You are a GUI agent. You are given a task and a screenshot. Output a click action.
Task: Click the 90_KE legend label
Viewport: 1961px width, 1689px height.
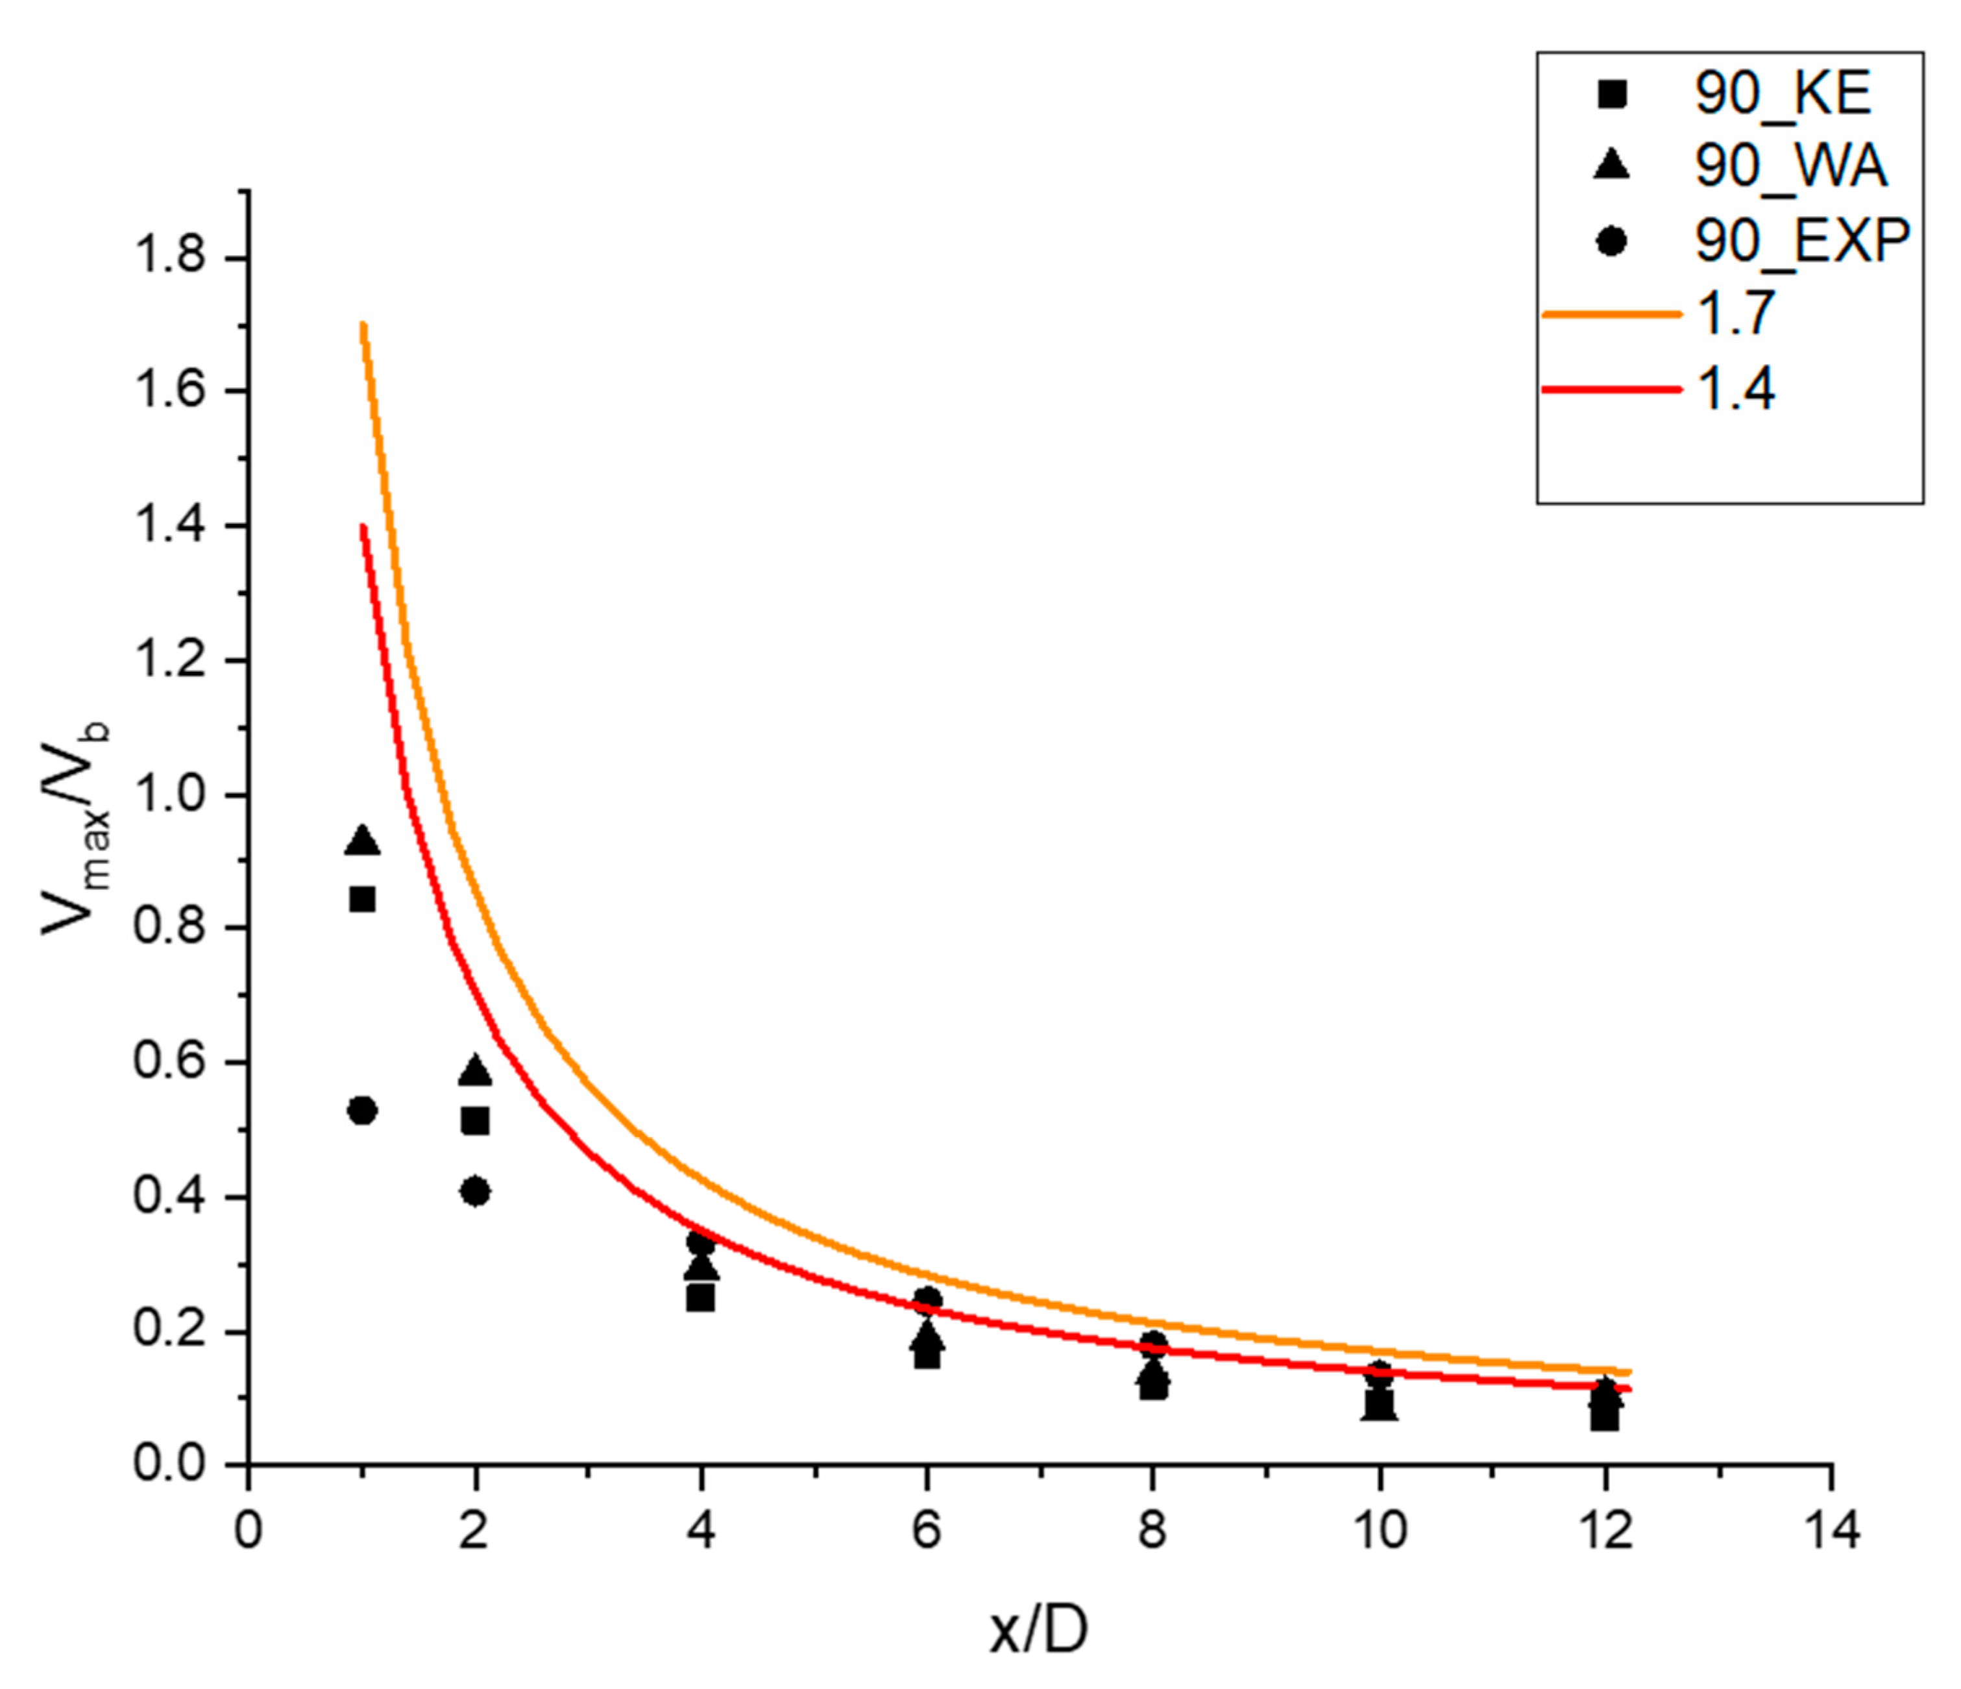1782,93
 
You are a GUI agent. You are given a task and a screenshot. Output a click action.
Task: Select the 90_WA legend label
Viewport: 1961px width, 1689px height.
1790,167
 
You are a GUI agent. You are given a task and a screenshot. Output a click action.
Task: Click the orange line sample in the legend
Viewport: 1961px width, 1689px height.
1611,314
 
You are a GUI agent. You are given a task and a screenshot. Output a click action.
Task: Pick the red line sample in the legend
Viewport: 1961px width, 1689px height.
1611,388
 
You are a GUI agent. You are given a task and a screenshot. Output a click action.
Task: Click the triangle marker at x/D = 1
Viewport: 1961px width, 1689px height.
363,841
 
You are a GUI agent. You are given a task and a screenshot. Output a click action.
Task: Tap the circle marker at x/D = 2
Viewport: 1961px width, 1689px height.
476,1191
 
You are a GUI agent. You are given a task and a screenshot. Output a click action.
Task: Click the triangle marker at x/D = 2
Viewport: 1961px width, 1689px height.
476,1071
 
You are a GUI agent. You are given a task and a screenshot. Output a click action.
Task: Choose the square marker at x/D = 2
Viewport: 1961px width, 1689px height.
476,1121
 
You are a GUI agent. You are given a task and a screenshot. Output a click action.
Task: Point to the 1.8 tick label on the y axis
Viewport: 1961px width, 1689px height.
171,258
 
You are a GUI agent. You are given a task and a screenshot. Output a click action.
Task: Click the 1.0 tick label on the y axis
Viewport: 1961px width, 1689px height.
171,795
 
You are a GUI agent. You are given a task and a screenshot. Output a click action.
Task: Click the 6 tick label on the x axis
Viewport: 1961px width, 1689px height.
927,1531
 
